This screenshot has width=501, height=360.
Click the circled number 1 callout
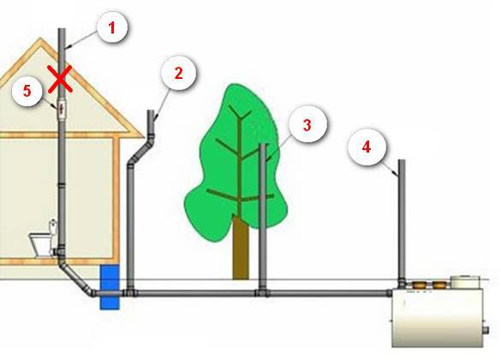[111, 27]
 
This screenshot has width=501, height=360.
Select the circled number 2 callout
[178, 74]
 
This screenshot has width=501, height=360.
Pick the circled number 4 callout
[366, 147]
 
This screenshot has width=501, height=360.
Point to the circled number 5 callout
[27, 92]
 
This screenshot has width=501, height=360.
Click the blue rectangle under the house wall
[110, 286]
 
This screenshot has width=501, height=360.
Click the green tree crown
[224, 154]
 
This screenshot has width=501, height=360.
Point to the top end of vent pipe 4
[400, 165]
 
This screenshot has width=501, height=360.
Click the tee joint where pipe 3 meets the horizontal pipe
[263, 291]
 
